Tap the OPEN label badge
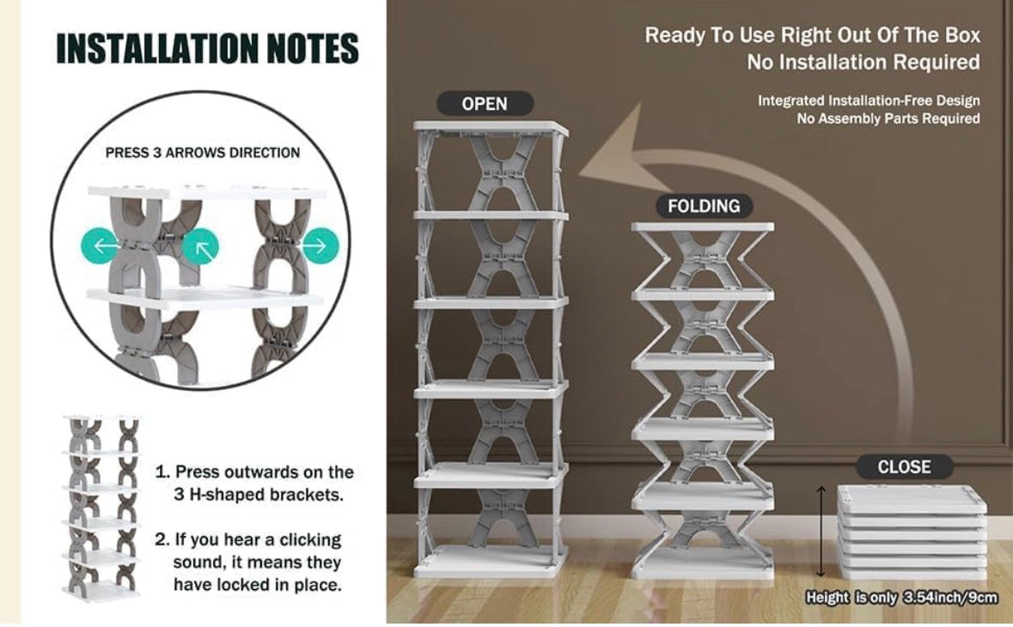tap(485, 104)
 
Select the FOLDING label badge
tap(703, 206)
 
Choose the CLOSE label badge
tap(904, 467)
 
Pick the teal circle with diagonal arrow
tap(201, 248)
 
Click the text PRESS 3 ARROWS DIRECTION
tap(203, 153)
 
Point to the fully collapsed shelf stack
tap(912, 533)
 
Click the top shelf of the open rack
tap(491, 129)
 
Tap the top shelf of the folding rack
tap(702, 227)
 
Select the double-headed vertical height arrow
tap(821, 531)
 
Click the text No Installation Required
tap(863, 63)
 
